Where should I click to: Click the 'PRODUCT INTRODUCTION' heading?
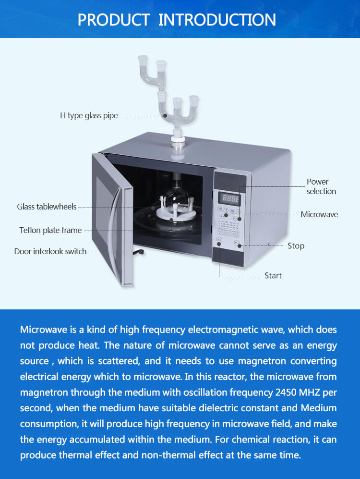pos(177,20)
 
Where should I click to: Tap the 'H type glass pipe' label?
pos(89,116)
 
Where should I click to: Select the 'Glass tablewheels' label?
pos(47,207)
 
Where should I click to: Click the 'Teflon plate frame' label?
pos(50,230)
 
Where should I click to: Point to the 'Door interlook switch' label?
pos(50,251)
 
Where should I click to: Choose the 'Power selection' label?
pos(321,186)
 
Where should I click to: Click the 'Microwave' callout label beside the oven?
pos(319,214)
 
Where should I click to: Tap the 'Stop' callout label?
pos(296,246)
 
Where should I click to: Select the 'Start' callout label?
pos(273,276)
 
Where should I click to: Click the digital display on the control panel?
pos(230,198)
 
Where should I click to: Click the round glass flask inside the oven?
pos(175,197)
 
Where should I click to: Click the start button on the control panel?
pos(219,244)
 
